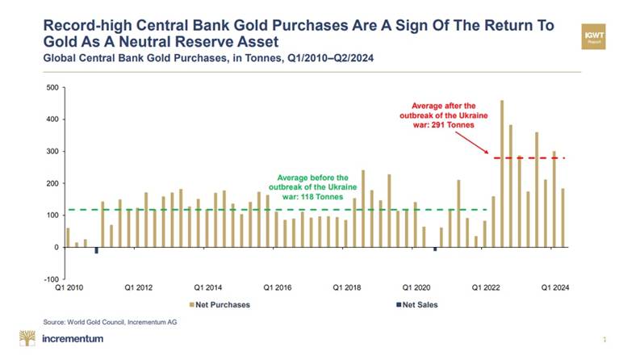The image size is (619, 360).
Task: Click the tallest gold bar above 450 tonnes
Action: pyautogui.click(x=502, y=174)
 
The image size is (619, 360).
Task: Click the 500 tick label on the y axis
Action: pyautogui.click(x=52, y=87)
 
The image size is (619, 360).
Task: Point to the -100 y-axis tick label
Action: pyautogui.click(x=50, y=279)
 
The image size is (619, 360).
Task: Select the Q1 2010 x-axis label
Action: pyautogui.click(x=70, y=287)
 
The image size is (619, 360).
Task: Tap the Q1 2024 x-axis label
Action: pyautogui.click(x=554, y=287)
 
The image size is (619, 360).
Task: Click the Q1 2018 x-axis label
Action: pyautogui.click(x=348, y=287)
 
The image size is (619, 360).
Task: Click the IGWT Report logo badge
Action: pyautogui.click(x=594, y=36)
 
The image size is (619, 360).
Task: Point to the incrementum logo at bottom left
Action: pyautogui.click(x=61, y=338)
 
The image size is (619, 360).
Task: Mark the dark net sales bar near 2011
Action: pyautogui.click(x=96, y=250)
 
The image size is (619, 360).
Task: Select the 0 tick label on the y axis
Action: pyautogui.click(x=56, y=248)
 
